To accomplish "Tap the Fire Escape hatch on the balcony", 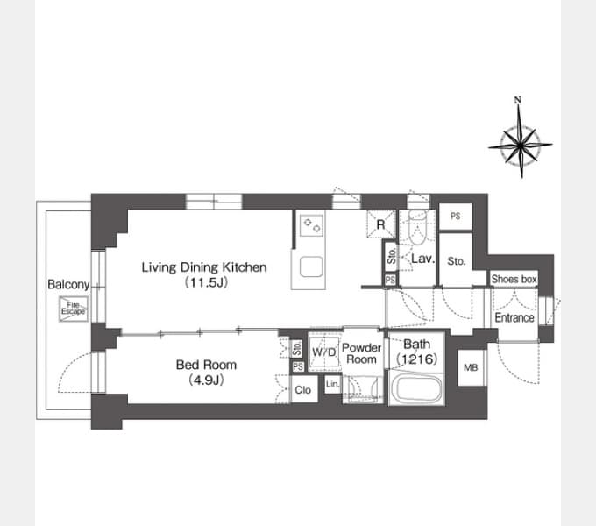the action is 74,309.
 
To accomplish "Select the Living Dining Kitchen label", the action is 204,267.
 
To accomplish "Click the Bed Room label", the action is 206,365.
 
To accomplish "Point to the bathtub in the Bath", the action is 417,389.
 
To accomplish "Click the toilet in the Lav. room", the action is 417,226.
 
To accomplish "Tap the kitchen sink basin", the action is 311,267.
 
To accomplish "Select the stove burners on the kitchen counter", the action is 312,225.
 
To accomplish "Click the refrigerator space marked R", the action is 380,224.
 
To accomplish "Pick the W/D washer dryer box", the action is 323,352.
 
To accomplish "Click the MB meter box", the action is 472,367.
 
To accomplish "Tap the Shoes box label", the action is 514,279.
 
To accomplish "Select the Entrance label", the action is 514,317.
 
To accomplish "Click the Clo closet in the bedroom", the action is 303,389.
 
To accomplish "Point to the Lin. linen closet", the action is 332,384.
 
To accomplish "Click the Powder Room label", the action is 361,353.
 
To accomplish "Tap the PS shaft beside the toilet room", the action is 456,216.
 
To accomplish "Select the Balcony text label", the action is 68,284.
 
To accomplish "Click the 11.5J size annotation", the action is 206,283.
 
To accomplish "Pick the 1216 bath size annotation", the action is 417,359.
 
